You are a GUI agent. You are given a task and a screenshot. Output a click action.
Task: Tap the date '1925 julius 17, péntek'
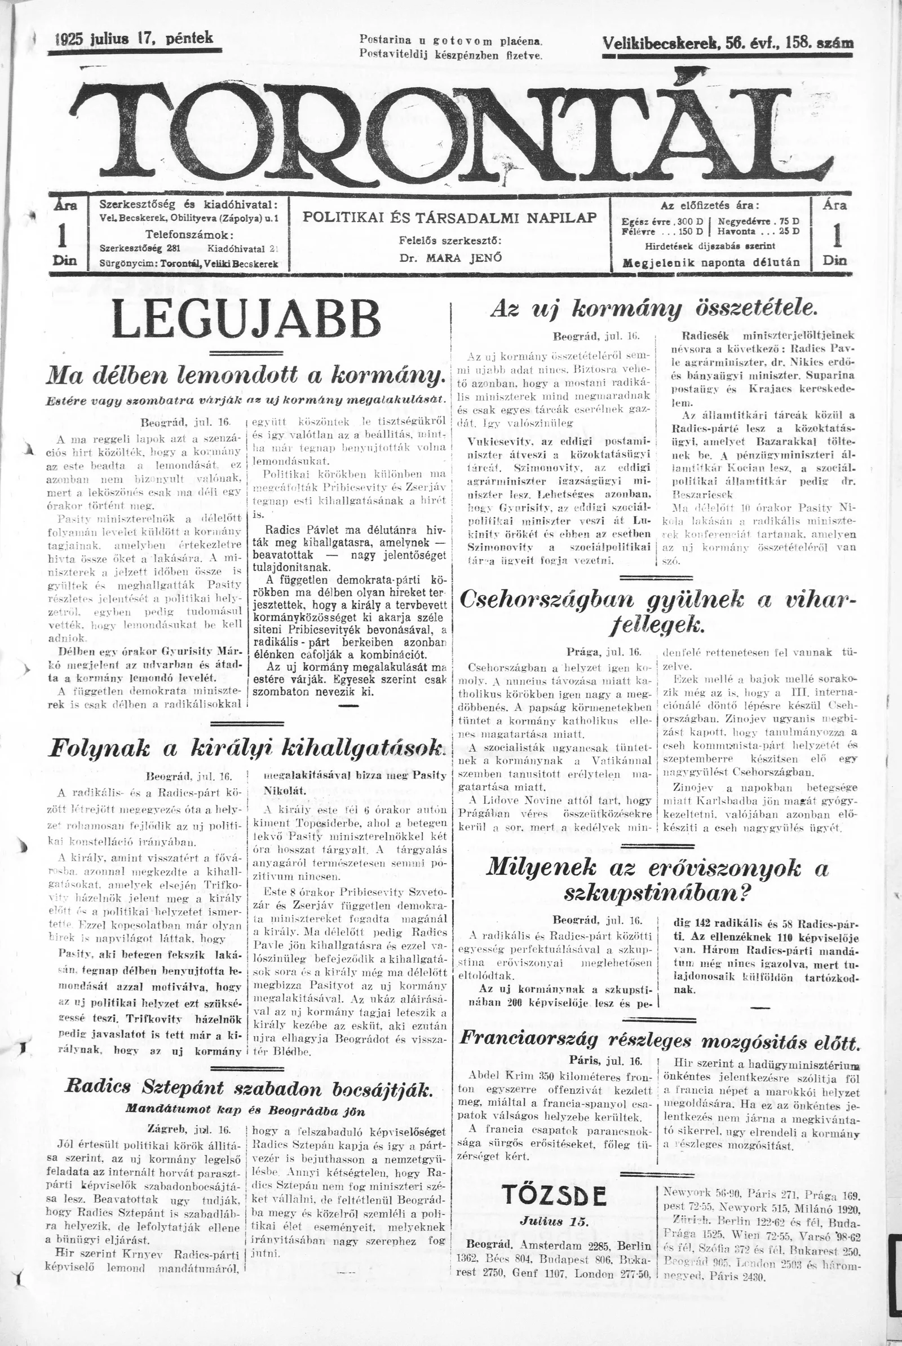pos(136,39)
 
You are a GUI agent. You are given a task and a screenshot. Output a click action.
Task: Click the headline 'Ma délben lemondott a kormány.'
pos(247,375)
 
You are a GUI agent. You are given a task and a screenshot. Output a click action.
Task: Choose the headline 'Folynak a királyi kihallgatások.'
pos(247,747)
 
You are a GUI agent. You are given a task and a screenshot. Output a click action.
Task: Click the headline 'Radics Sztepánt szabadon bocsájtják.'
pos(247,1072)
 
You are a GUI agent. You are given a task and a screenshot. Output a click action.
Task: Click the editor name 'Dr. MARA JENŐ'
pos(450,257)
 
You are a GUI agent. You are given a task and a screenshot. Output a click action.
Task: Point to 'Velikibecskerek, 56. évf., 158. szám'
pos(727,44)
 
